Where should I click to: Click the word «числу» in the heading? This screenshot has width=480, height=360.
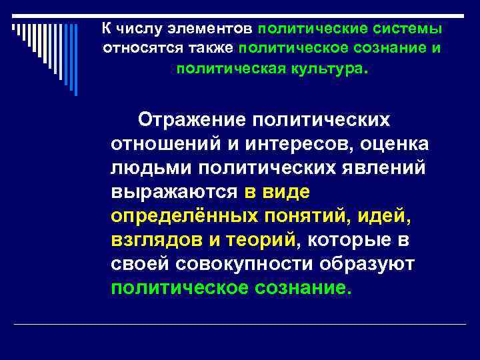[x=134, y=29]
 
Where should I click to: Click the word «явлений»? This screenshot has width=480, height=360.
[x=386, y=168]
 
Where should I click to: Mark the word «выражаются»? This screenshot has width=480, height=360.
[x=174, y=192]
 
